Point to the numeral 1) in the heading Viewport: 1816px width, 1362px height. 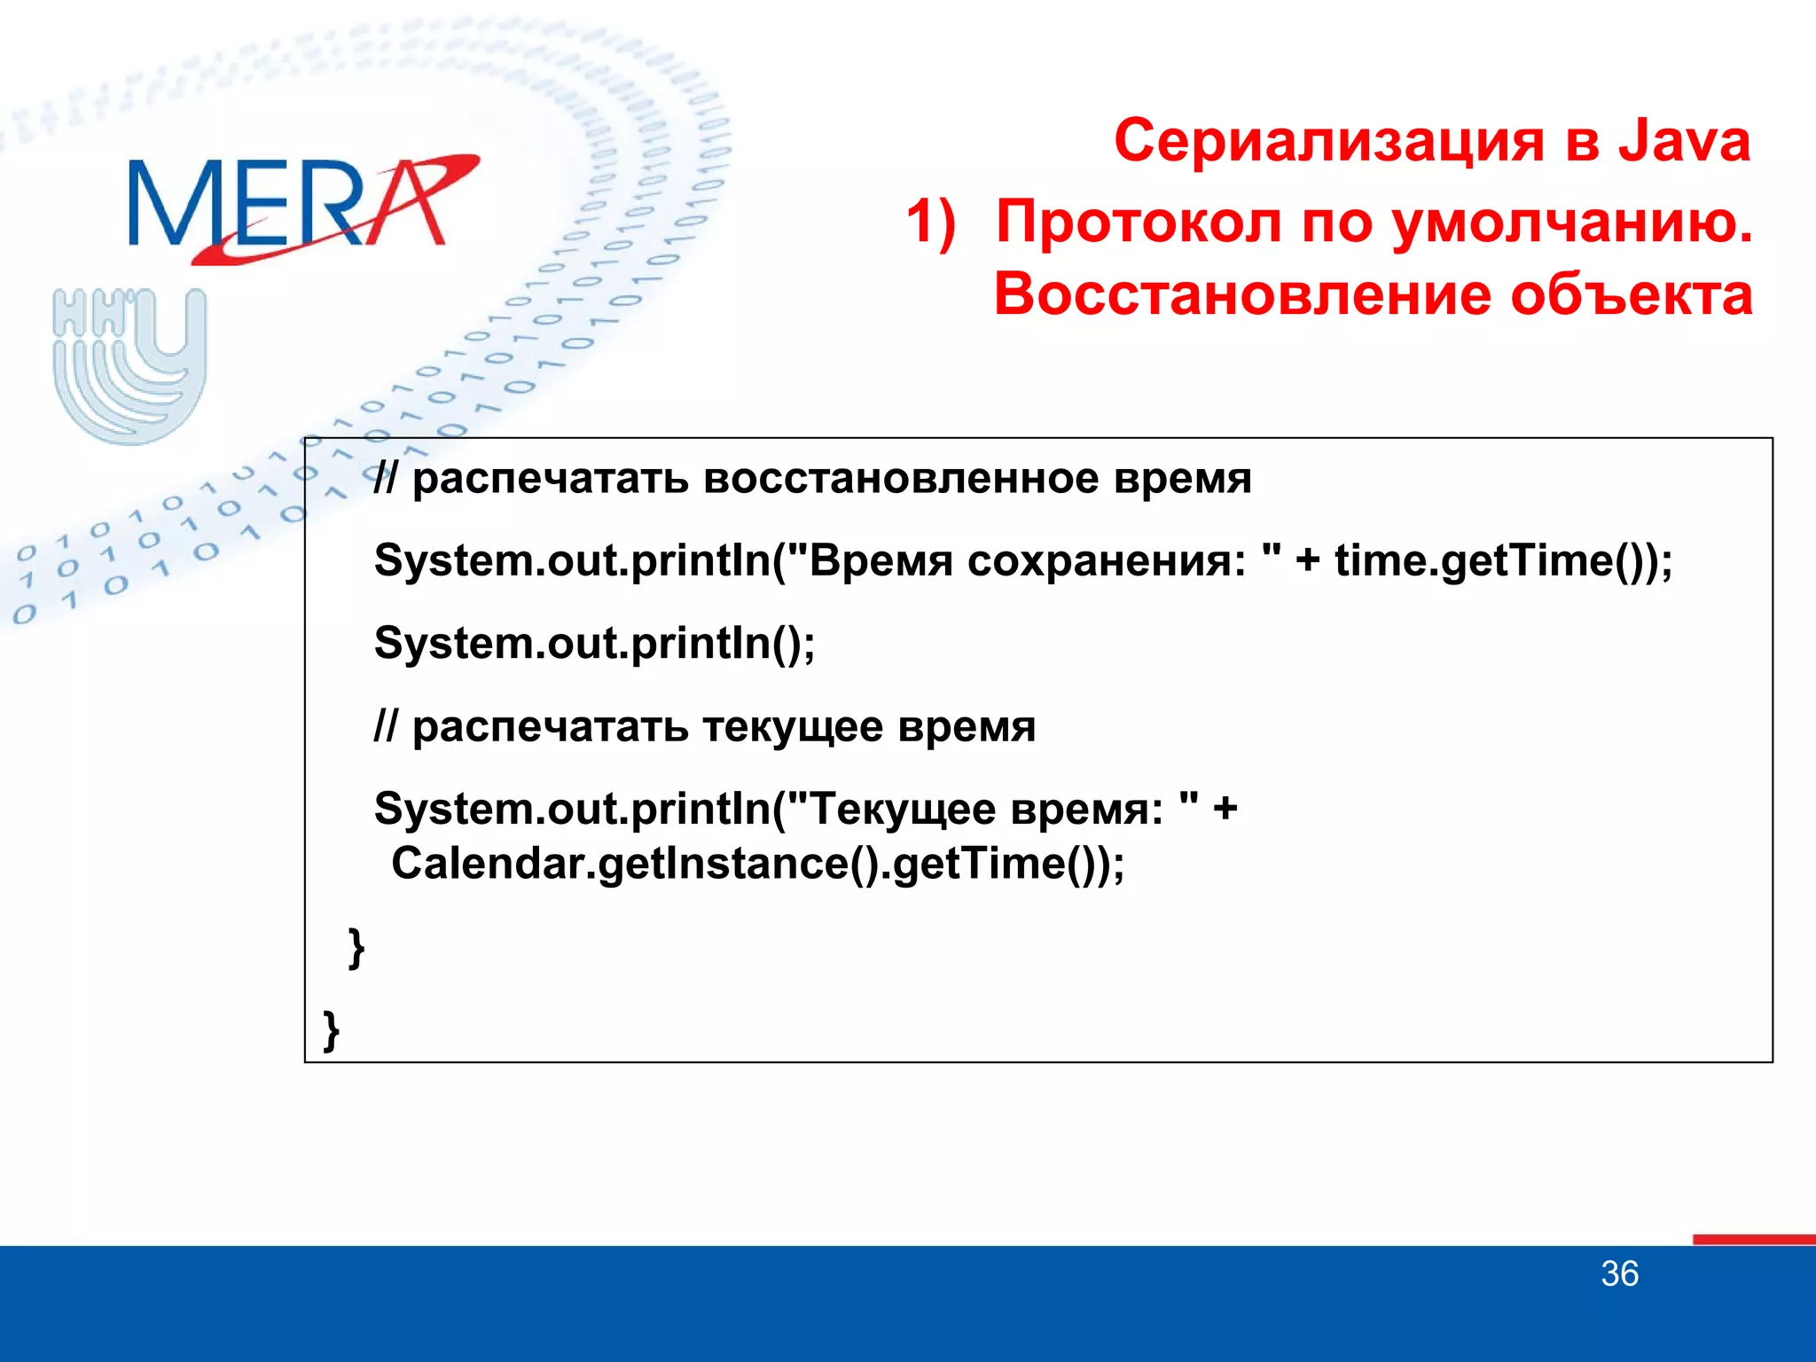(931, 222)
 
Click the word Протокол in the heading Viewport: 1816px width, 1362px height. (1139, 222)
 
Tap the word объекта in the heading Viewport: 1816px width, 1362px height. (1631, 294)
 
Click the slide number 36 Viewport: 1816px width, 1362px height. (1619, 1274)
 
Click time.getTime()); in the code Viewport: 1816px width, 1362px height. (1503, 561)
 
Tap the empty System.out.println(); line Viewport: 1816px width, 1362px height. (594, 644)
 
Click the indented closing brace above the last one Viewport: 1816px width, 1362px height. (356, 948)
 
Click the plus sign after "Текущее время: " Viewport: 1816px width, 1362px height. (1225, 810)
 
